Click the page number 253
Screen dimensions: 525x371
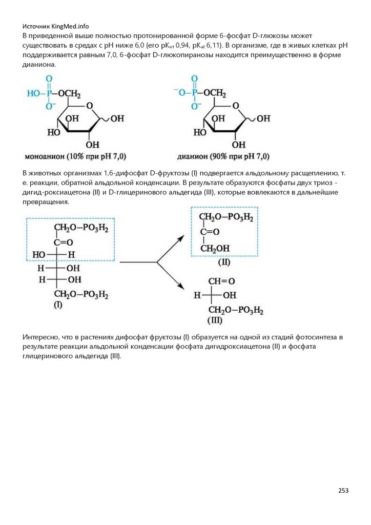pos(343,491)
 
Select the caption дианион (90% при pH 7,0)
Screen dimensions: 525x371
pos(223,156)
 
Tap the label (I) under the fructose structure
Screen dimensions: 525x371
pos(58,305)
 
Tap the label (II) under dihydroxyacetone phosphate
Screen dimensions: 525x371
pos(224,262)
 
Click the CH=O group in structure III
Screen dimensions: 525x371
pos(220,281)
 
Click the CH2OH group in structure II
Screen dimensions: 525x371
pos(215,249)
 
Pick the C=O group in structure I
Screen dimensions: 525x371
pos(64,241)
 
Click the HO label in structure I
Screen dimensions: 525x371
pos(38,254)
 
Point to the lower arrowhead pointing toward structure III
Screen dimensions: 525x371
pos(181,288)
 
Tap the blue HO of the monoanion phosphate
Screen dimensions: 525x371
pos(33,93)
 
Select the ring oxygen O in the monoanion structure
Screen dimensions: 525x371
pos(90,106)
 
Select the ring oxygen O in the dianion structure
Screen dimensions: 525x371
pos(236,106)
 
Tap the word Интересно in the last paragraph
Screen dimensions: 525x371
pos(39,337)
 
